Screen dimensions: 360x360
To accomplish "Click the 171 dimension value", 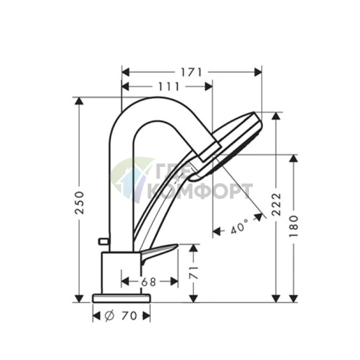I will click(192, 72).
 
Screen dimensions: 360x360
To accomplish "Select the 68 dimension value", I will click(150, 280).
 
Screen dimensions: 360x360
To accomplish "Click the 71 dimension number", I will click(192, 273).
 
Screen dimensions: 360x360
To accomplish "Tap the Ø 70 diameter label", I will click(120, 316).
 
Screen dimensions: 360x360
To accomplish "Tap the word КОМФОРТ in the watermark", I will click(200, 190).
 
